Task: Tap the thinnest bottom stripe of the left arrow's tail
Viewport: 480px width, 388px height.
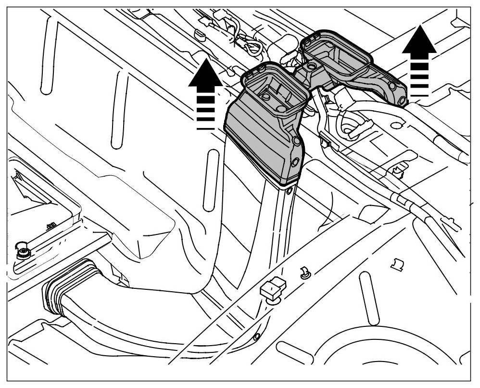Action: pos(205,128)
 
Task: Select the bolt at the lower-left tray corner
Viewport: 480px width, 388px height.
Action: pos(21,251)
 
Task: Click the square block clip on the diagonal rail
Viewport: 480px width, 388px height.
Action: pos(272,289)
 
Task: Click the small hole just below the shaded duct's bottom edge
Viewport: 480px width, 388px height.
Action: pos(289,191)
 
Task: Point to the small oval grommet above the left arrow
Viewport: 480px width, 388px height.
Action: pos(200,34)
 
